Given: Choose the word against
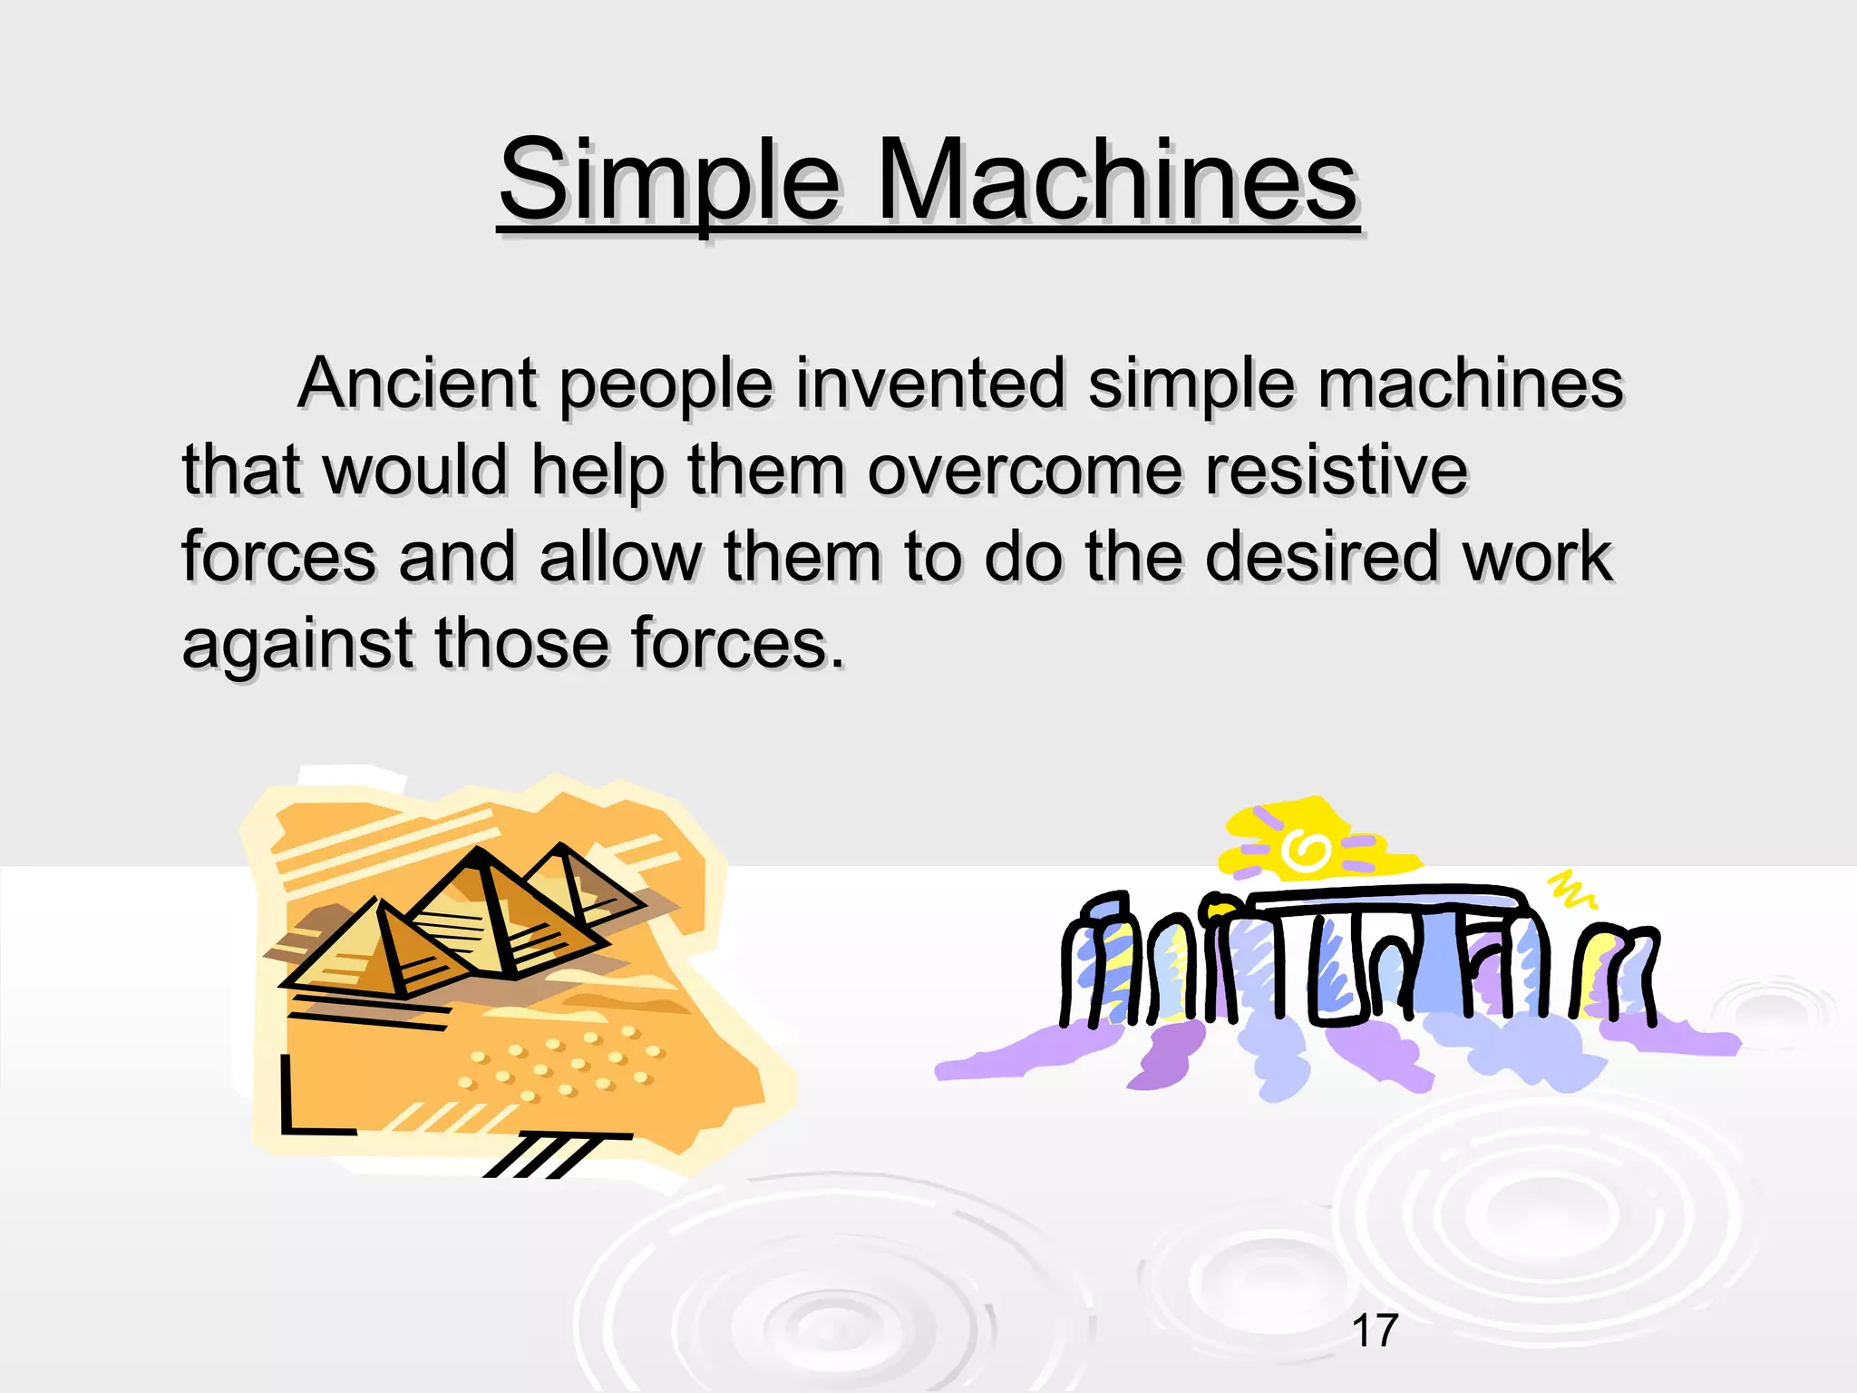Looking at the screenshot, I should pos(297,643).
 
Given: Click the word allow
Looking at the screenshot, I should pos(620,556).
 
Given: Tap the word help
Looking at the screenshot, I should pos(598,472).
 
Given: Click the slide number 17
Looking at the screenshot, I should pos(1375,1330).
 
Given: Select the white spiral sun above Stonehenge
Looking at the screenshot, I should pos(1306,851).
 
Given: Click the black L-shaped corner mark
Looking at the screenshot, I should pos(308,1111).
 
